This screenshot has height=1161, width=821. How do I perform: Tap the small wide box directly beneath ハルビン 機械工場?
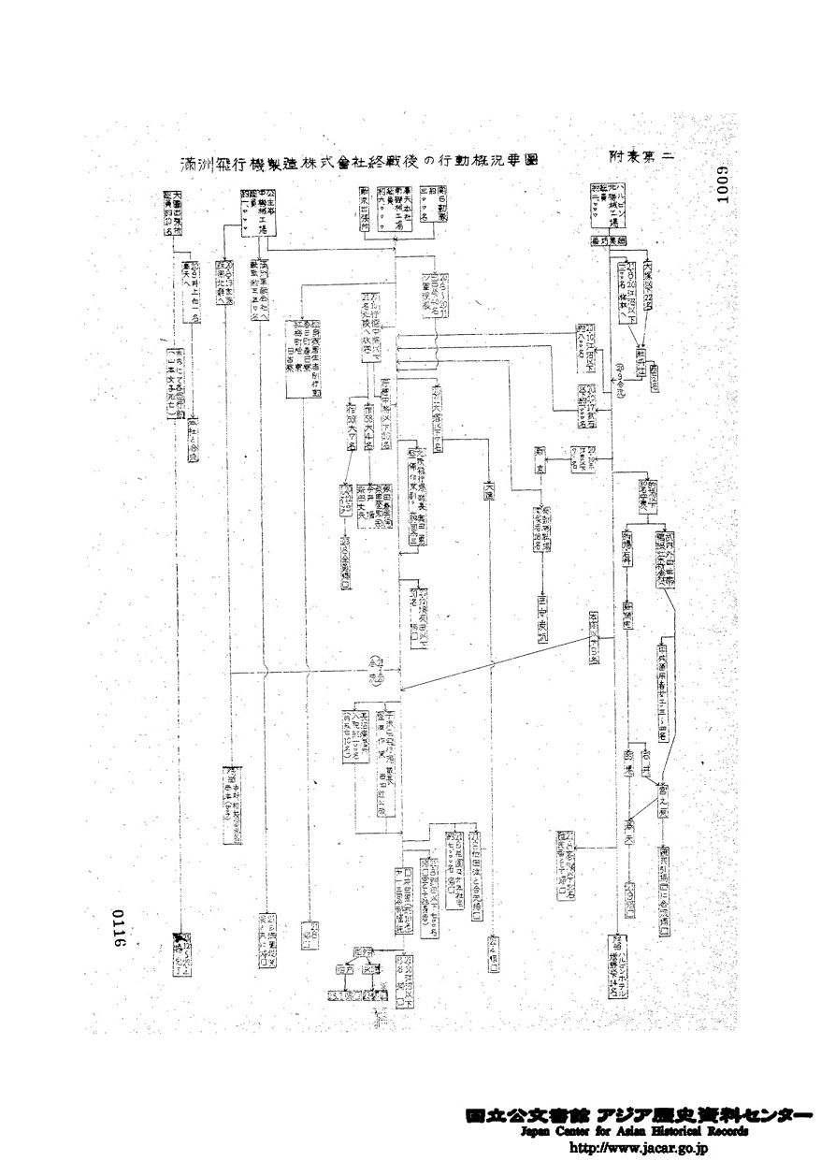click(x=607, y=239)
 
